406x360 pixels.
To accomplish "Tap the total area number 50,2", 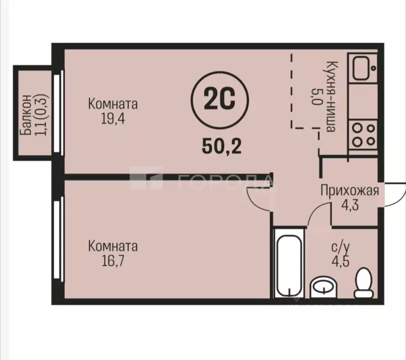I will coord(221,146).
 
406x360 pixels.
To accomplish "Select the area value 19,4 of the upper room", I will coord(112,118).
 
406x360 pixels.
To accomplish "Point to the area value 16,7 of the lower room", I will coord(113,260).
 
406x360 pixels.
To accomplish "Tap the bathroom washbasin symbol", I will coord(324,285).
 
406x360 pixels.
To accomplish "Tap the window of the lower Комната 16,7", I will coord(58,240).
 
